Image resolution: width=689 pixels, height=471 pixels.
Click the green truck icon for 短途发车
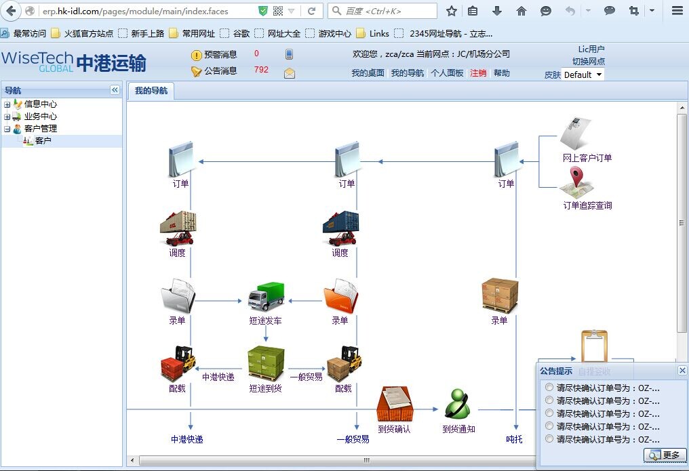(x=267, y=298)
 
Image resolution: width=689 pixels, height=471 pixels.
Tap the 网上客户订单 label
(x=587, y=158)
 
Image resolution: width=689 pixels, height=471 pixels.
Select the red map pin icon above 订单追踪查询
(x=576, y=177)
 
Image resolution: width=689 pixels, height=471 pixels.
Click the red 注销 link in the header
(x=478, y=73)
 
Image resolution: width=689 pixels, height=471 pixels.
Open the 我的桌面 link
(x=368, y=73)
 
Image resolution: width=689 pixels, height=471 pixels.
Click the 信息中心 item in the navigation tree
(x=41, y=104)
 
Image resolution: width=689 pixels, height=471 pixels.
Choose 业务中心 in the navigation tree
(x=41, y=117)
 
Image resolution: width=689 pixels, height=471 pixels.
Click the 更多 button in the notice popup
(x=665, y=455)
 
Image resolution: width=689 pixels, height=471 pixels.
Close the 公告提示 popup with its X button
(x=682, y=371)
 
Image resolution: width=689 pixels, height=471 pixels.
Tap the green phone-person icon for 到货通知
(x=458, y=404)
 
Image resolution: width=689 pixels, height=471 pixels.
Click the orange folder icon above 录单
(x=340, y=296)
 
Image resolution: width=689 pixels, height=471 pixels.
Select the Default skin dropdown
(x=583, y=75)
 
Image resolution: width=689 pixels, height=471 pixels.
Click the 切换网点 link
(x=589, y=62)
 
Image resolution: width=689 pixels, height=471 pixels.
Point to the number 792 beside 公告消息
(x=261, y=69)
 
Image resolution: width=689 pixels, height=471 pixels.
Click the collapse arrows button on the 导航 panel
(x=115, y=90)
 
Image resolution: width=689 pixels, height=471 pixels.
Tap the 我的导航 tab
(x=151, y=91)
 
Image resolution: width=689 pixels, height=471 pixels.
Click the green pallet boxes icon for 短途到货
(x=266, y=363)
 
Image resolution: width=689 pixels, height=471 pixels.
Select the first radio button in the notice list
(x=549, y=387)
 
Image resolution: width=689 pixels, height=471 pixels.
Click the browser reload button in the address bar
(x=311, y=11)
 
